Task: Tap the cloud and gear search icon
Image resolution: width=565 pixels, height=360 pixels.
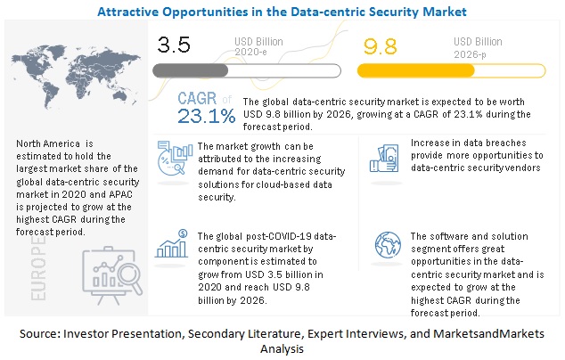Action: [173, 159]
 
